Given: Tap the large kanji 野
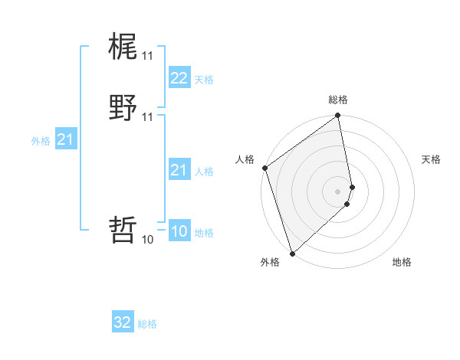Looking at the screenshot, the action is click(123, 107).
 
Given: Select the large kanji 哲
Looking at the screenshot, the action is click(123, 229).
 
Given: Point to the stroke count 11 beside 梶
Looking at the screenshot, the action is click(147, 56).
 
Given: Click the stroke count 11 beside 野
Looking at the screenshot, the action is click(147, 117).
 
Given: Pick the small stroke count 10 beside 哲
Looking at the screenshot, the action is click(147, 240).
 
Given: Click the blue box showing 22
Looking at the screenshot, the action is click(179, 78).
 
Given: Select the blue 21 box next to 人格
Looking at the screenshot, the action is click(179, 170).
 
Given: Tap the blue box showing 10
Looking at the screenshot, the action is click(179, 232).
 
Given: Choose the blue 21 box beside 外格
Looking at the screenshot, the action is click(66, 139).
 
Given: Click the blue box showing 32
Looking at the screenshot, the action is click(123, 322).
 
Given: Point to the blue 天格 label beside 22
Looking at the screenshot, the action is click(204, 80).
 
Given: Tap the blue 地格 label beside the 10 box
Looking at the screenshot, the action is click(204, 233).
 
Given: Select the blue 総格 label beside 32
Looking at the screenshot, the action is click(147, 324).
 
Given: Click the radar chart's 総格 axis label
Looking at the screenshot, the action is click(338, 100).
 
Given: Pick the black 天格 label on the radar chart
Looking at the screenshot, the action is click(432, 159).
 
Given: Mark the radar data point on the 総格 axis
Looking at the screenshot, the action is click(338, 116).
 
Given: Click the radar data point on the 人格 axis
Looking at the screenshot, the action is click(264, 168).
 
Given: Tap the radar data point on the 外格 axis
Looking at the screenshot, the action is click(292, 253).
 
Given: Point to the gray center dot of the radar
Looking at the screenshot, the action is click(338, 191).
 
